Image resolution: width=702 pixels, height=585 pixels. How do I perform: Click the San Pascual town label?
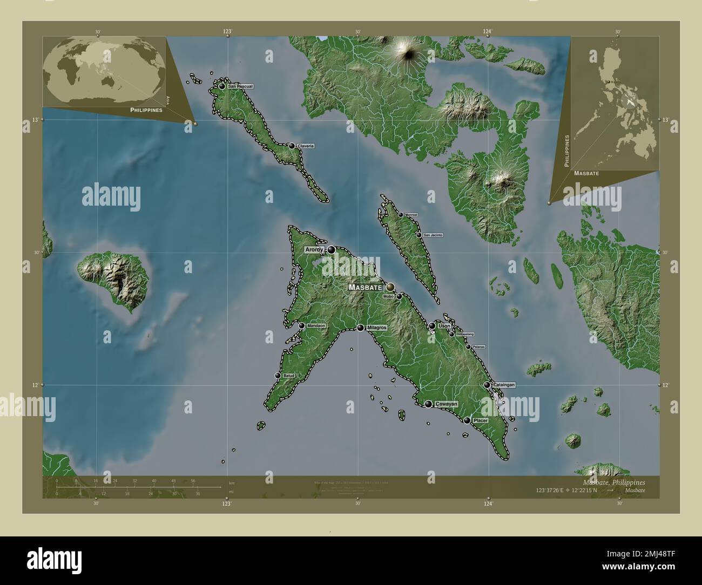240,86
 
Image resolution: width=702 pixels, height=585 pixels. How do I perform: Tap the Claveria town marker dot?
292,146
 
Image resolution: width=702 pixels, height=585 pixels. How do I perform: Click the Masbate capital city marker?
390,287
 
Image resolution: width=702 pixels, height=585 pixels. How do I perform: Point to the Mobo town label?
389,296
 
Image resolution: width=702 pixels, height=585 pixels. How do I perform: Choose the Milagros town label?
377,328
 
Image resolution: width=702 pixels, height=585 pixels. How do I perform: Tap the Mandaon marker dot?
301,325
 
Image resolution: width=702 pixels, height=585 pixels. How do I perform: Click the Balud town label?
288,375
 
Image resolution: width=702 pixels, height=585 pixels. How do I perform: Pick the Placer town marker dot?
467,420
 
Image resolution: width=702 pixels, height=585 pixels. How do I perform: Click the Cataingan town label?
504,385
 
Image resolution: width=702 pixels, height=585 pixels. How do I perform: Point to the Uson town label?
444,326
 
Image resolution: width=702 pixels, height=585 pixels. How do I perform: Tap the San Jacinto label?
433,235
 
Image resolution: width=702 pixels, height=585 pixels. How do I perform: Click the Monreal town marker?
401,215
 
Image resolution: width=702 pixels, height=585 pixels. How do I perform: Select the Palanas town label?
478,346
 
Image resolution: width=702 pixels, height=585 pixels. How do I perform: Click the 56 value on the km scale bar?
193,480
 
